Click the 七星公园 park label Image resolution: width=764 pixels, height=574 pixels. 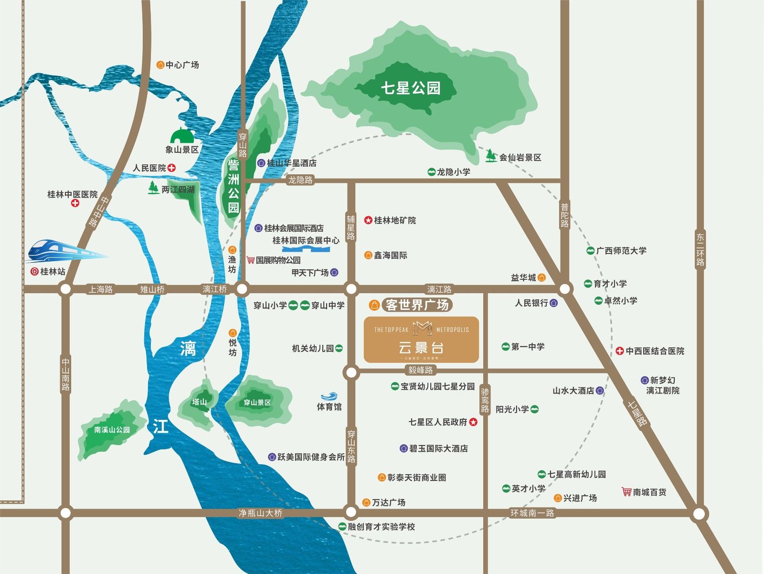(x=410, y=88)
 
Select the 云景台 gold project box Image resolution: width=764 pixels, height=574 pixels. (x=421, y=340)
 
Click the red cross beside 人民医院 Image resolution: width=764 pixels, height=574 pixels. (x=172, y=168)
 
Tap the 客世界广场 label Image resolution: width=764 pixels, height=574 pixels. (x=417, y=305)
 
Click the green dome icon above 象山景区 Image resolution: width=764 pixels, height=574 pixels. (x=182, y=135)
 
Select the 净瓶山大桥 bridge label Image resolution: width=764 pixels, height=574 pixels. (x=260, y=513)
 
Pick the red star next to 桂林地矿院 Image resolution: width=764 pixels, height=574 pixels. (x=368, y=220)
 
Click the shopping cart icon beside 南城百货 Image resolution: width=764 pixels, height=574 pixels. (x=626, y=491)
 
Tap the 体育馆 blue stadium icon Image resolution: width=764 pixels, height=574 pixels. (x=329, y=396)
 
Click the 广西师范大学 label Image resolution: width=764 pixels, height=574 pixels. (x=621, y=251)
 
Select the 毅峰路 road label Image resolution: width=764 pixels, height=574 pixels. (x=420, y=370)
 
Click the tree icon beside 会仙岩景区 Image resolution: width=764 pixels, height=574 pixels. (x=490, y=156)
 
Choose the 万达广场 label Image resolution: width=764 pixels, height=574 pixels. (x=388, y=502)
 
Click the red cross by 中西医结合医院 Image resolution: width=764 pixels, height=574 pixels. (x=619, y=351)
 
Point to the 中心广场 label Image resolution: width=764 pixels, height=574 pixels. (x=182, y=64)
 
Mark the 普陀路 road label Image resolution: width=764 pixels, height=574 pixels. (x=565, y=215)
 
